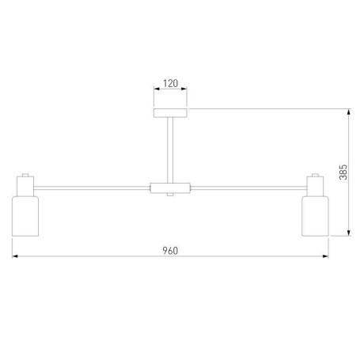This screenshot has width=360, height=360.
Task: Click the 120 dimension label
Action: tap(170, 83)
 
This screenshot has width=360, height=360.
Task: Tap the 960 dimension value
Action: tap(170, 251)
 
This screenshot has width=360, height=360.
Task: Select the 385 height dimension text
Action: tap(343, 172)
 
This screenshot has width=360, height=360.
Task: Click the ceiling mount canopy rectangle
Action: tap(170, 113)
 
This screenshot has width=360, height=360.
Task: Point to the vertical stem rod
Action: tap(170, 150)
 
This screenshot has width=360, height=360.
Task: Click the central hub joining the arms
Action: tap(170, 188)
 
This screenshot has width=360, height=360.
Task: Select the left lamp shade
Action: tap(25, 216)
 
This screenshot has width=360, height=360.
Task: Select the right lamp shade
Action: tap(315, 216)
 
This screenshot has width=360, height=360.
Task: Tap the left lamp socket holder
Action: tap(25, 186)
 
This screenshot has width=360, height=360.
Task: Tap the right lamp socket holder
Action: tap(315, 186)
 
